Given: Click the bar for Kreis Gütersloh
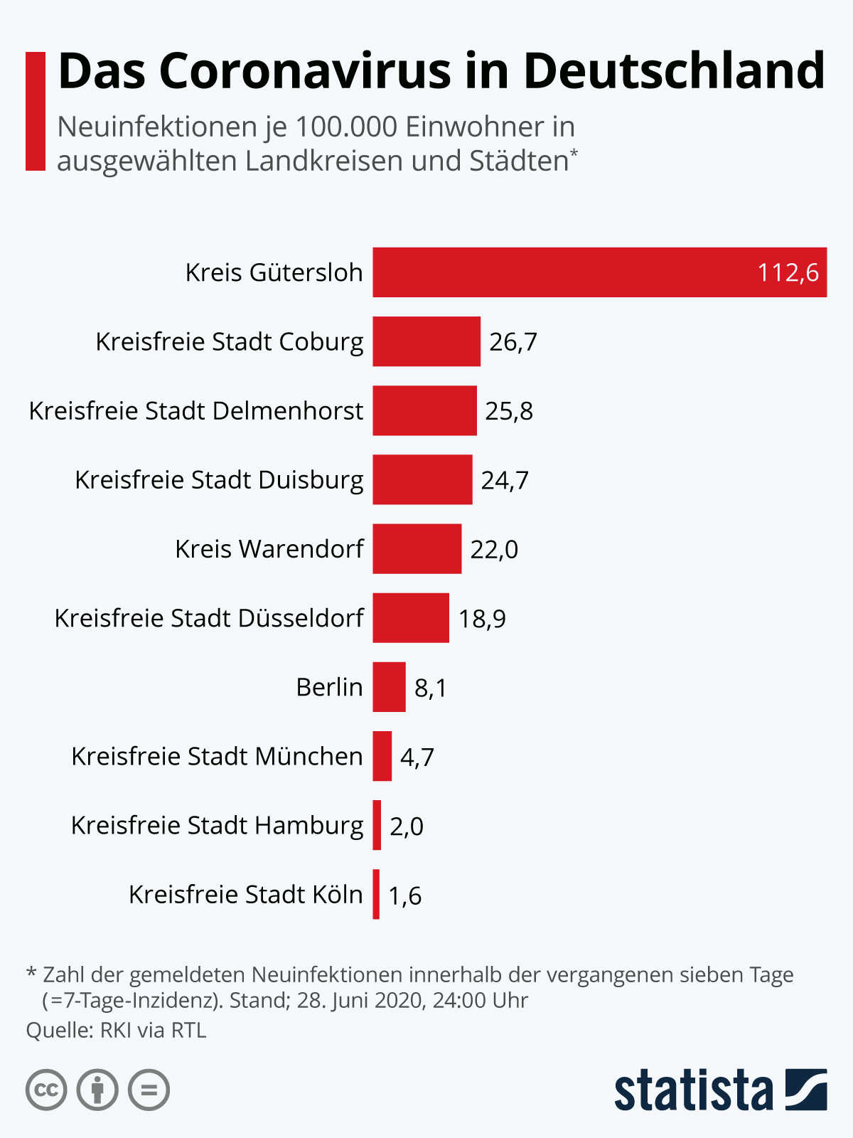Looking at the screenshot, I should click(599, 272).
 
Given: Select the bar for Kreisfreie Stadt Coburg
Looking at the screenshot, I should click(426, 341).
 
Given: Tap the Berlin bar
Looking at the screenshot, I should click(389, 687).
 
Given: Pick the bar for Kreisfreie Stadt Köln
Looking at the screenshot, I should click(376, 894).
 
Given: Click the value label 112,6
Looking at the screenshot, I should click(788, 272).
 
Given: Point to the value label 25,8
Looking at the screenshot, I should click(509, 411).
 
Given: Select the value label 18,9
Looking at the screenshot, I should click(482, 619).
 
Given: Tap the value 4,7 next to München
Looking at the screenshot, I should click(417, 757).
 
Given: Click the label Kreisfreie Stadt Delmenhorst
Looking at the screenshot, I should click(196, 411).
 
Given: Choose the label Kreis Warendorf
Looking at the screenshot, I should click(269, 549).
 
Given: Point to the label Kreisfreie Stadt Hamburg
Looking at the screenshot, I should click(217, 826).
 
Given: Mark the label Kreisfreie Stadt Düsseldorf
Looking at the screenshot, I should click(209, 618).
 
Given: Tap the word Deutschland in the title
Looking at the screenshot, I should click(674, 71).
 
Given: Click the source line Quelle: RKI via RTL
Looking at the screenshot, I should click(116, 1030).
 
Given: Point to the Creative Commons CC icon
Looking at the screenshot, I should click(46, 1090).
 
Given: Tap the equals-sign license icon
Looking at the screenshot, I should click(149, 1090).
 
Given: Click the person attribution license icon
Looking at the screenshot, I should click(97, 1090).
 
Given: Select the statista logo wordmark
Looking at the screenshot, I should click(693, 1090).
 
